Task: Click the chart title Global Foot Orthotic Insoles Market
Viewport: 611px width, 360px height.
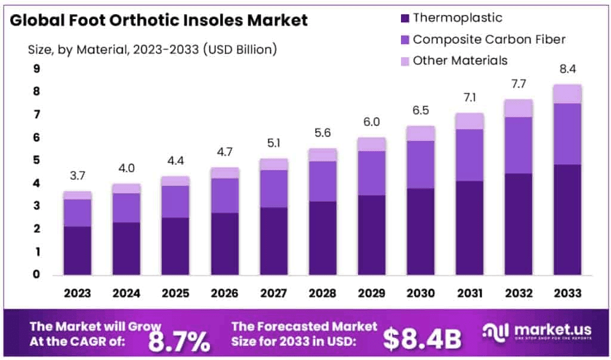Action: pyautogui.click(x=159, y=21)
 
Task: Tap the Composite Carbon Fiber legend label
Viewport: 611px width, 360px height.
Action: pyautogui.click(x=489, y=39)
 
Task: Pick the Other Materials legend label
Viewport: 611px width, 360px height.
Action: pyautogui.click(x=460, y=60)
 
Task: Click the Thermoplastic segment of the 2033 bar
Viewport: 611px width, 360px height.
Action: pyautogui.click(x=567, y=219)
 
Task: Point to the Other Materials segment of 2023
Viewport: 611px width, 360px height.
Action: pyautogui.click(x=78, y=195)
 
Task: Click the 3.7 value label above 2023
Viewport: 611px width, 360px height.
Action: pyautogui.click(x=78, y=176)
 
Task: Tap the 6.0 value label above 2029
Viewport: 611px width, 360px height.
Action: pyautogui.click(x=372, y=121)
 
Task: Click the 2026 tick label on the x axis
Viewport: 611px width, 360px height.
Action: pyautogui.click(x=225, y=293)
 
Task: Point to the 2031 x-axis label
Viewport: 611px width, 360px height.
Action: pyautogui.click(x=469, y=293)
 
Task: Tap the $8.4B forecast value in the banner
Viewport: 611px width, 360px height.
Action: pyautogui.click(x=422, y=339)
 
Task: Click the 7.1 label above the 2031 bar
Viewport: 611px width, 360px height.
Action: pyautogui.click(x=469, y=97)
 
